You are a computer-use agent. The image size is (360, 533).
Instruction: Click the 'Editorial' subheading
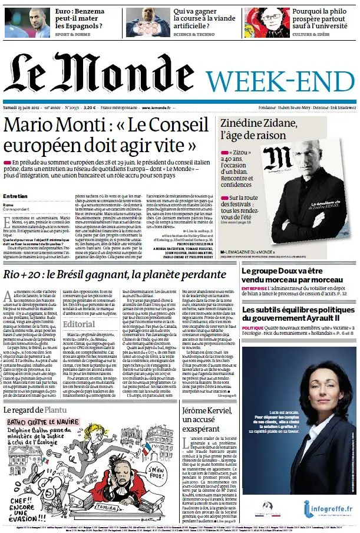point(78,324)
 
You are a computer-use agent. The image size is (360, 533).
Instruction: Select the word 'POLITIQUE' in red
point(253,327)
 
